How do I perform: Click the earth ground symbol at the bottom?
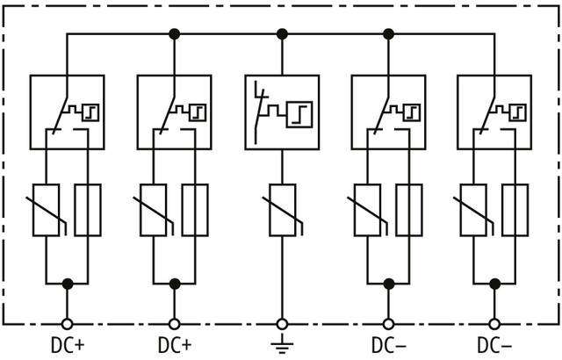[x=282, y=343]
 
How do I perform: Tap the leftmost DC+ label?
[x=67, y=343]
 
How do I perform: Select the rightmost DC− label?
[x=495, y=343]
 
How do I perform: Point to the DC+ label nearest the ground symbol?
[x=174, y=343]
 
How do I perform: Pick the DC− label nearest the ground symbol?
[x=388, y=343]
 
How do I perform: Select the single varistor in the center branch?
[x=282, y=210]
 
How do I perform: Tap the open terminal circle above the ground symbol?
[x=282, y=323]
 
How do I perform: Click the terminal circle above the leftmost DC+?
[x=67, y=323]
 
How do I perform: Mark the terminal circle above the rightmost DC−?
[x=495, y=323]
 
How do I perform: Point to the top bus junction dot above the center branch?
[x=282, y=34]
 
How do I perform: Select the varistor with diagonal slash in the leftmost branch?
[x=47, y=210]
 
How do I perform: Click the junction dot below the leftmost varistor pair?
[x=67, y=283]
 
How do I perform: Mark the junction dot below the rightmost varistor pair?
[x=495, y=283]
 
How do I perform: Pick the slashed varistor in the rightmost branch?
[x=475, y=210]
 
